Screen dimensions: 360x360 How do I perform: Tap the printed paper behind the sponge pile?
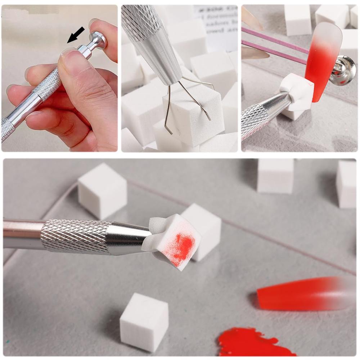pos(216,22)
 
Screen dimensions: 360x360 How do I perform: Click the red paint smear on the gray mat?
pos(252,342)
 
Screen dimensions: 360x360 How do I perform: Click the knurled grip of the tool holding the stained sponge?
pos(76,236)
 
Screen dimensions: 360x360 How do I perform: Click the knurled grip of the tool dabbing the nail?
pos(256,121)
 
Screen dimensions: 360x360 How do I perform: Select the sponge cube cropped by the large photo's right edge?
pos(346,184)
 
